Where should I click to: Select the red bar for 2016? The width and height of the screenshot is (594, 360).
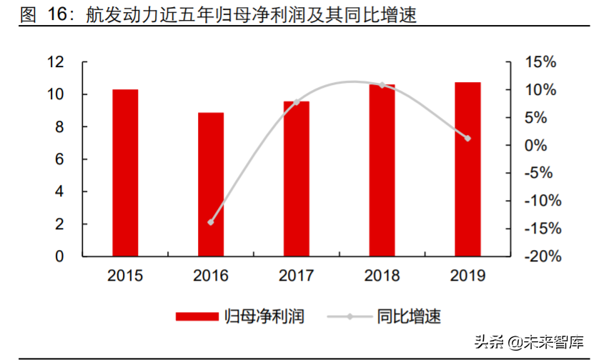click(211, 184)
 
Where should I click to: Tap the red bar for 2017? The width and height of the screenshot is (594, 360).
click(297, 179)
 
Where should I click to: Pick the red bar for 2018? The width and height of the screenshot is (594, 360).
click(382, 170)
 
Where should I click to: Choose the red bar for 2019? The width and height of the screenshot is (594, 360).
click(467, 169)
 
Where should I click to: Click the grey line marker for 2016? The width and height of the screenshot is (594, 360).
click(211, 222)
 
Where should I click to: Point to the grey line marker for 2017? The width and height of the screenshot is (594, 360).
click(297, 102)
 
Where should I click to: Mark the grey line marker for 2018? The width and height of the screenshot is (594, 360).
click(382, 85)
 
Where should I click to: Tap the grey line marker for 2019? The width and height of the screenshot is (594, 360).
click(467, 138)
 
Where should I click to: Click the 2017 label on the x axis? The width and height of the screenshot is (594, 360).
click(297, 276)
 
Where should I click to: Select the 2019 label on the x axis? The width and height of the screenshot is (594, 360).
click(467, 276)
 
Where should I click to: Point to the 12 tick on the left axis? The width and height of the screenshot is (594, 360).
click(56, 62)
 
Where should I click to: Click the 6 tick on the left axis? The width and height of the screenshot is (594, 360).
click(61, 159)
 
